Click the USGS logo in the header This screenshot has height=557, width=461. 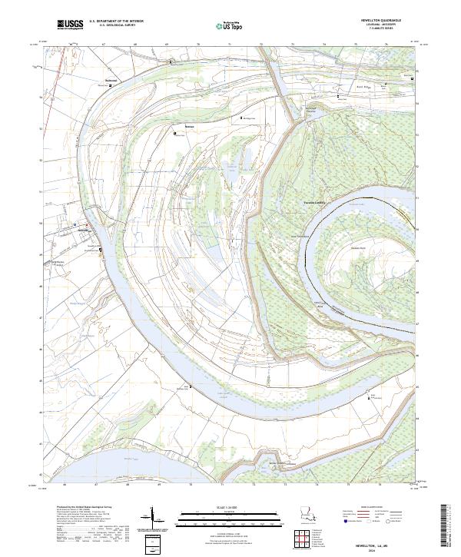pyautogui.click(x=70, y=25)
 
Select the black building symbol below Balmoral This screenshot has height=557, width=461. pyautogui.click(x=110, y=85)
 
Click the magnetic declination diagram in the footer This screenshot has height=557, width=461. pyautogui.click(x=154, y=516)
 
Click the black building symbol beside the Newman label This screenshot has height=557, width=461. pyautogui.click(x=176, y=132)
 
